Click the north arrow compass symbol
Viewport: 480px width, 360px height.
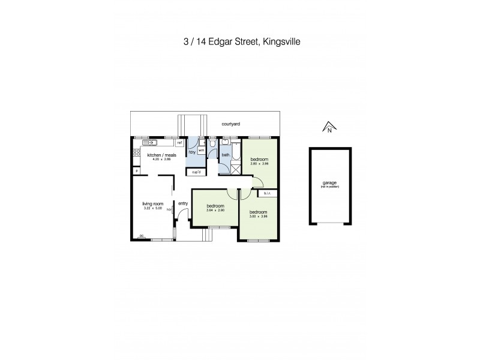(328, 127)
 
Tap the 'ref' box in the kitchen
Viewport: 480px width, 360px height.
(179, 143)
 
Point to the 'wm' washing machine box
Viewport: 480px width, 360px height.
(202, 151)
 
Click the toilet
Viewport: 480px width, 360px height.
(212, 144)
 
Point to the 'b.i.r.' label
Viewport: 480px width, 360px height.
(266, 193)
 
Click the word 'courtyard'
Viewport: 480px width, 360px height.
(231, 124)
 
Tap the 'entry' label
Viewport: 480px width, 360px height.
(183, 203)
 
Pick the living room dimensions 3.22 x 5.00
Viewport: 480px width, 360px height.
(152, 208)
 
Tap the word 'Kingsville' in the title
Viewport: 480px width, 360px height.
(283, 43)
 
